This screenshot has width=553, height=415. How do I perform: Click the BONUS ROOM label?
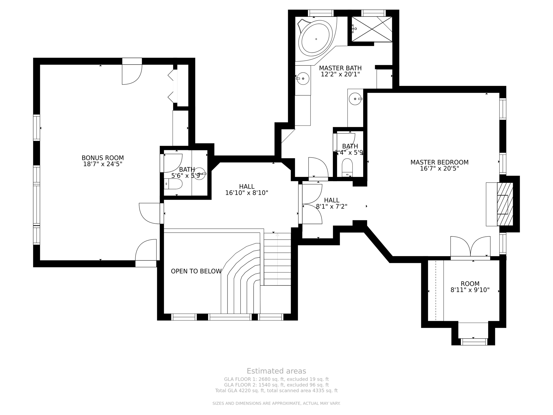[103, 158]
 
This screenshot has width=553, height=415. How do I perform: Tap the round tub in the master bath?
[316, 39]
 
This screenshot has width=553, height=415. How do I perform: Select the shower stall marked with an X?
[372, 29]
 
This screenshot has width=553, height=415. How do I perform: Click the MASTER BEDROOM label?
[439, 162]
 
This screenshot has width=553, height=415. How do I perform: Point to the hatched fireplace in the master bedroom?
[505, 204]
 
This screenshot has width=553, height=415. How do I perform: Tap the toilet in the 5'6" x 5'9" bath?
[173, 184]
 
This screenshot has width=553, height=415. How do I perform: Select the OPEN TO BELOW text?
[196, 271]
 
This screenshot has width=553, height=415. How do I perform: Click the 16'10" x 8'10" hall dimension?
[247, 193]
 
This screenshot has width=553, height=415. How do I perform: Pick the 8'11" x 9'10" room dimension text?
[470, 290]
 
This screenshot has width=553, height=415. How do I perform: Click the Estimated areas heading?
[276, 371]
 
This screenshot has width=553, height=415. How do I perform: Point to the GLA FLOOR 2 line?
[276, 385]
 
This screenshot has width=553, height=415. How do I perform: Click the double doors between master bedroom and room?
[470, 247]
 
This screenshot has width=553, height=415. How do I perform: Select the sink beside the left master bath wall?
[303, 79]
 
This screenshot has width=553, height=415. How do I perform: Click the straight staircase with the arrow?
[277, 259]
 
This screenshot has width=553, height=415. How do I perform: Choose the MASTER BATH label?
[340, 68]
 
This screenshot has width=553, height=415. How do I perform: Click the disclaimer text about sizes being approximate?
[276, 403]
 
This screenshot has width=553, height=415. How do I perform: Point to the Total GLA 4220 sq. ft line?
[276, 390]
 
